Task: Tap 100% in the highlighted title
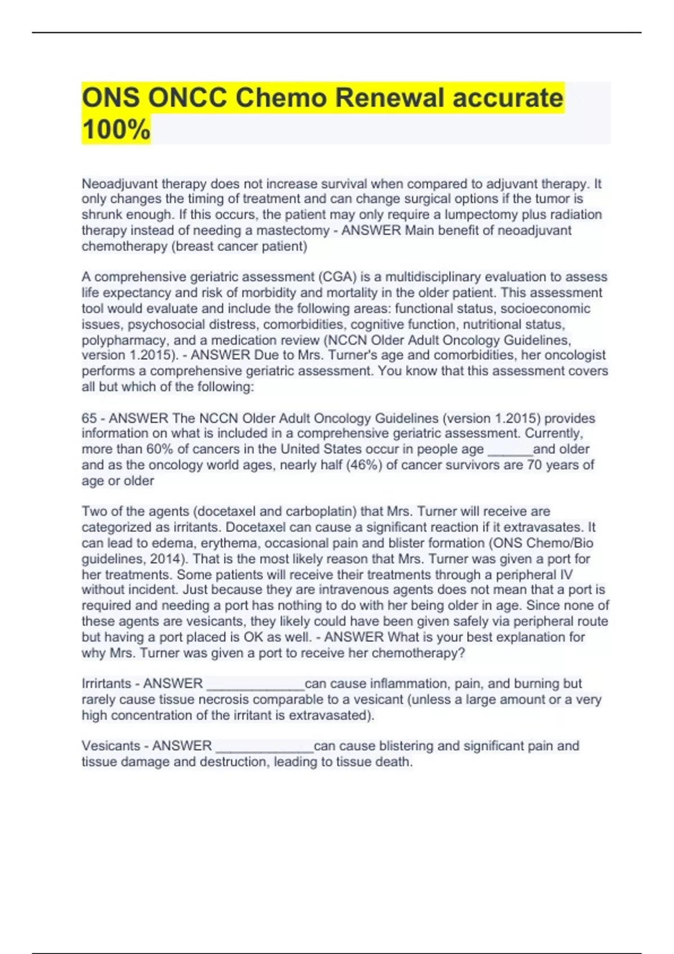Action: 116,129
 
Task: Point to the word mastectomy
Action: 293,230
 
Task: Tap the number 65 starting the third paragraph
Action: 89,418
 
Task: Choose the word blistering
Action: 406,746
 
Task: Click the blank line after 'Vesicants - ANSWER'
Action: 265,748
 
